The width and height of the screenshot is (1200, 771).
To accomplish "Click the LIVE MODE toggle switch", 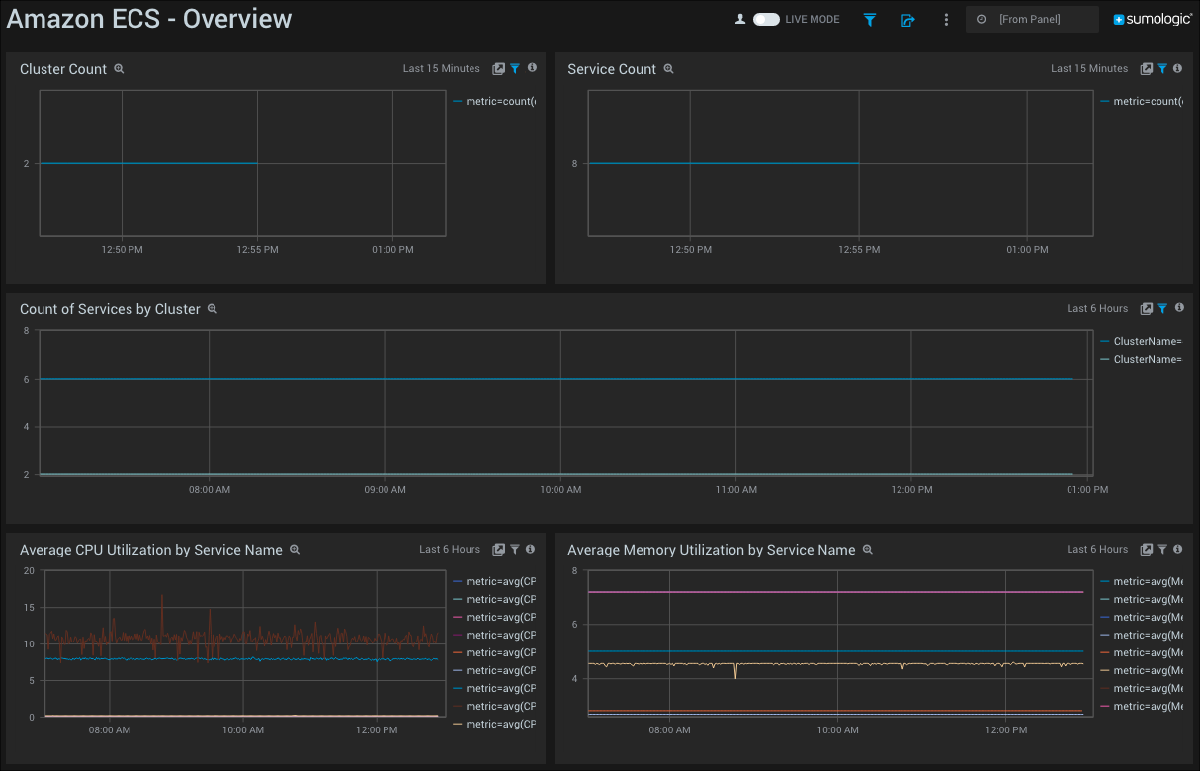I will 766,19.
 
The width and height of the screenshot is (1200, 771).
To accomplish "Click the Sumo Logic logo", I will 1153,19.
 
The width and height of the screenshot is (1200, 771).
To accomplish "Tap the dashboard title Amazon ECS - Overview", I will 149,19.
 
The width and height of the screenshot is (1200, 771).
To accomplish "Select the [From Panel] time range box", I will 1032,19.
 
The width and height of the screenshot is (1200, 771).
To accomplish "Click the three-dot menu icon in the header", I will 946,19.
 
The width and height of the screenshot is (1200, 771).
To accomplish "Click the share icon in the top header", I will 907,20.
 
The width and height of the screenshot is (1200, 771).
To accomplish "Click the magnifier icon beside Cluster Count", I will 119,69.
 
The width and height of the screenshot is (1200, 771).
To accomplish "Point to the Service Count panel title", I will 612,69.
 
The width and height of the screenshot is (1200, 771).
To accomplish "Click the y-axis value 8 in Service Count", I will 574,163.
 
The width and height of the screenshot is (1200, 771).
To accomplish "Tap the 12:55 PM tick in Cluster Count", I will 257,250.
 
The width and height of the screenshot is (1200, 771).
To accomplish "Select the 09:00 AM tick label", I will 385,489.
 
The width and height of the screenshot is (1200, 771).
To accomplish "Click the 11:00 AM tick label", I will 735,489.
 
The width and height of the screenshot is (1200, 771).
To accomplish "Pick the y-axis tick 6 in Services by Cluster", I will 26,379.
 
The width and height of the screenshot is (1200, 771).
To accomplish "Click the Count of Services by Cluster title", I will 110,309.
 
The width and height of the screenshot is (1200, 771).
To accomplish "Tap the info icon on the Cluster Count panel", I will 532,68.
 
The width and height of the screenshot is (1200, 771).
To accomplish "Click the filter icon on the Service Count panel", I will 1162,69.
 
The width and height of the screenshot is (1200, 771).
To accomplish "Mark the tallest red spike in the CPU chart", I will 162,597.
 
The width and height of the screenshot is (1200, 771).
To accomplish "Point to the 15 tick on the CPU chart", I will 29,607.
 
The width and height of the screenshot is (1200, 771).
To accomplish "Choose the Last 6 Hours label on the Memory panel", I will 1097,549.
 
